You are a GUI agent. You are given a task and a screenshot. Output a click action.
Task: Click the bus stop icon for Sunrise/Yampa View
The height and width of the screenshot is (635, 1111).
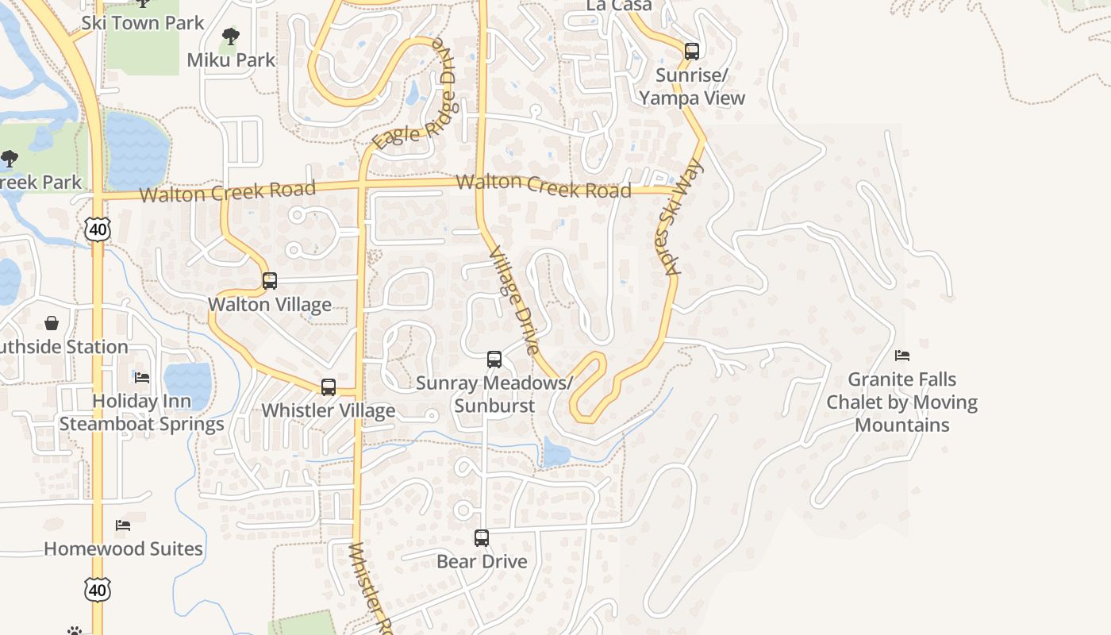(692, 52)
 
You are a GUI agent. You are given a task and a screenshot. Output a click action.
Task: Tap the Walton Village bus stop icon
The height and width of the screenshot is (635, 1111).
(270, 280)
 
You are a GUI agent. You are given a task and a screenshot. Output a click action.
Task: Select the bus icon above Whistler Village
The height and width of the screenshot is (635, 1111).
(329, 387)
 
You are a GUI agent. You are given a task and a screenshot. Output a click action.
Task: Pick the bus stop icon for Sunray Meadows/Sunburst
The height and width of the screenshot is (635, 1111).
(494, 360)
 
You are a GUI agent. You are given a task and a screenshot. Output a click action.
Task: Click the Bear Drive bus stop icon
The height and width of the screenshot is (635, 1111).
(482, 538)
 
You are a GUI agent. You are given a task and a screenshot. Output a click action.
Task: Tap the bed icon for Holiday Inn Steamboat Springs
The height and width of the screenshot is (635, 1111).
(142, 377)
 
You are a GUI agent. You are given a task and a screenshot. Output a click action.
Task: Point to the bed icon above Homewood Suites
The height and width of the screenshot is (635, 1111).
(123, 525)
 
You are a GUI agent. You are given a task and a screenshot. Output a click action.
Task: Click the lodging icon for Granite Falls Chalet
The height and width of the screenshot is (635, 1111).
(902, 356)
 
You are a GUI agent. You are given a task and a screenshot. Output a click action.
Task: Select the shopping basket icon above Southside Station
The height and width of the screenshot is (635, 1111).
(52, 323)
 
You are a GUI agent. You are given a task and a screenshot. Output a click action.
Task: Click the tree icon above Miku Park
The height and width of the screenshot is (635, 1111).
(231, 36)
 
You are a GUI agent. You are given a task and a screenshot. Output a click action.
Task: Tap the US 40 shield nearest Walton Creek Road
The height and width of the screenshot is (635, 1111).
(98, 230)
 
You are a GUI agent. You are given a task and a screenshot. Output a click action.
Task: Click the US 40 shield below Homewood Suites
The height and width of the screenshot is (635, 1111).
(97, 590)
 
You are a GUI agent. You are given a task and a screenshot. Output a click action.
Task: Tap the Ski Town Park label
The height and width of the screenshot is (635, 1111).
(143, 22)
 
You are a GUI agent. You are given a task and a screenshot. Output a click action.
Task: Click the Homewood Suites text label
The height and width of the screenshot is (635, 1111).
(123, 548)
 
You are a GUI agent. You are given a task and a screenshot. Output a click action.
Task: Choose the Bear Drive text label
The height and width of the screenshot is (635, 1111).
(482, 561)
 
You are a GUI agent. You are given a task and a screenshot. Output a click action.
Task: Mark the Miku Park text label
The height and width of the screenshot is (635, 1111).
(231, 60)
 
